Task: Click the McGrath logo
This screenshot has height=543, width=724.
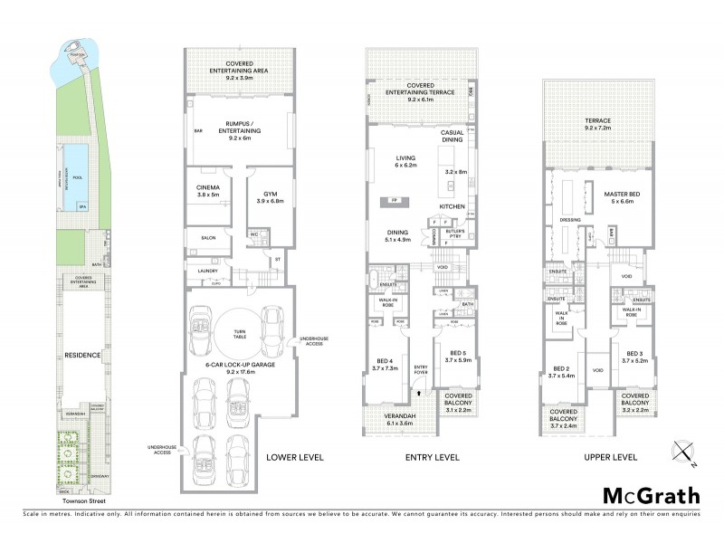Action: (652, 495)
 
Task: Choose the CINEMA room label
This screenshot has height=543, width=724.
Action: (208, 187)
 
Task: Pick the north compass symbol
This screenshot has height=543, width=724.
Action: (683, 452)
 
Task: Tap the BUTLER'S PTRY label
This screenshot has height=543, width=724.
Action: (454, 234)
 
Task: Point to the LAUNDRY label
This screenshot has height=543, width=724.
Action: (208, 270)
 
